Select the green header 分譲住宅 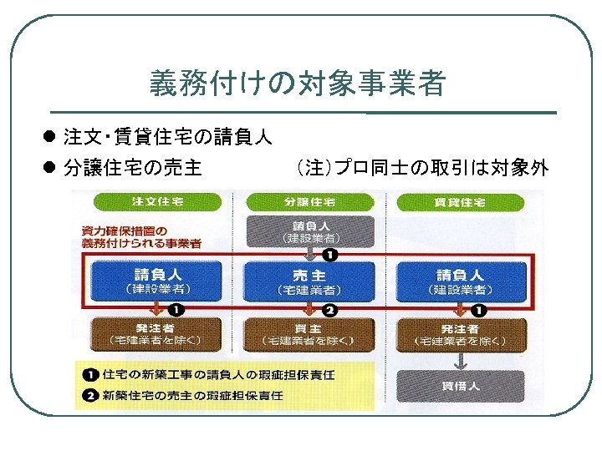click(303, 202)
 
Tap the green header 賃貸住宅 click(459, 202)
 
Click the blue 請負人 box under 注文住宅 click(157, 281)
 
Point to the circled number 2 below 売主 click(329, 311)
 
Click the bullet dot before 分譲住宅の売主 click(50, 169)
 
